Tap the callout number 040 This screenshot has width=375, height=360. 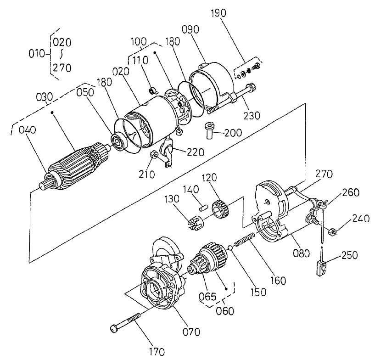pos(28,130)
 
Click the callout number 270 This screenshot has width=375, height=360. pos(325,174)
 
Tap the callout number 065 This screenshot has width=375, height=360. pos(207,296)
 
